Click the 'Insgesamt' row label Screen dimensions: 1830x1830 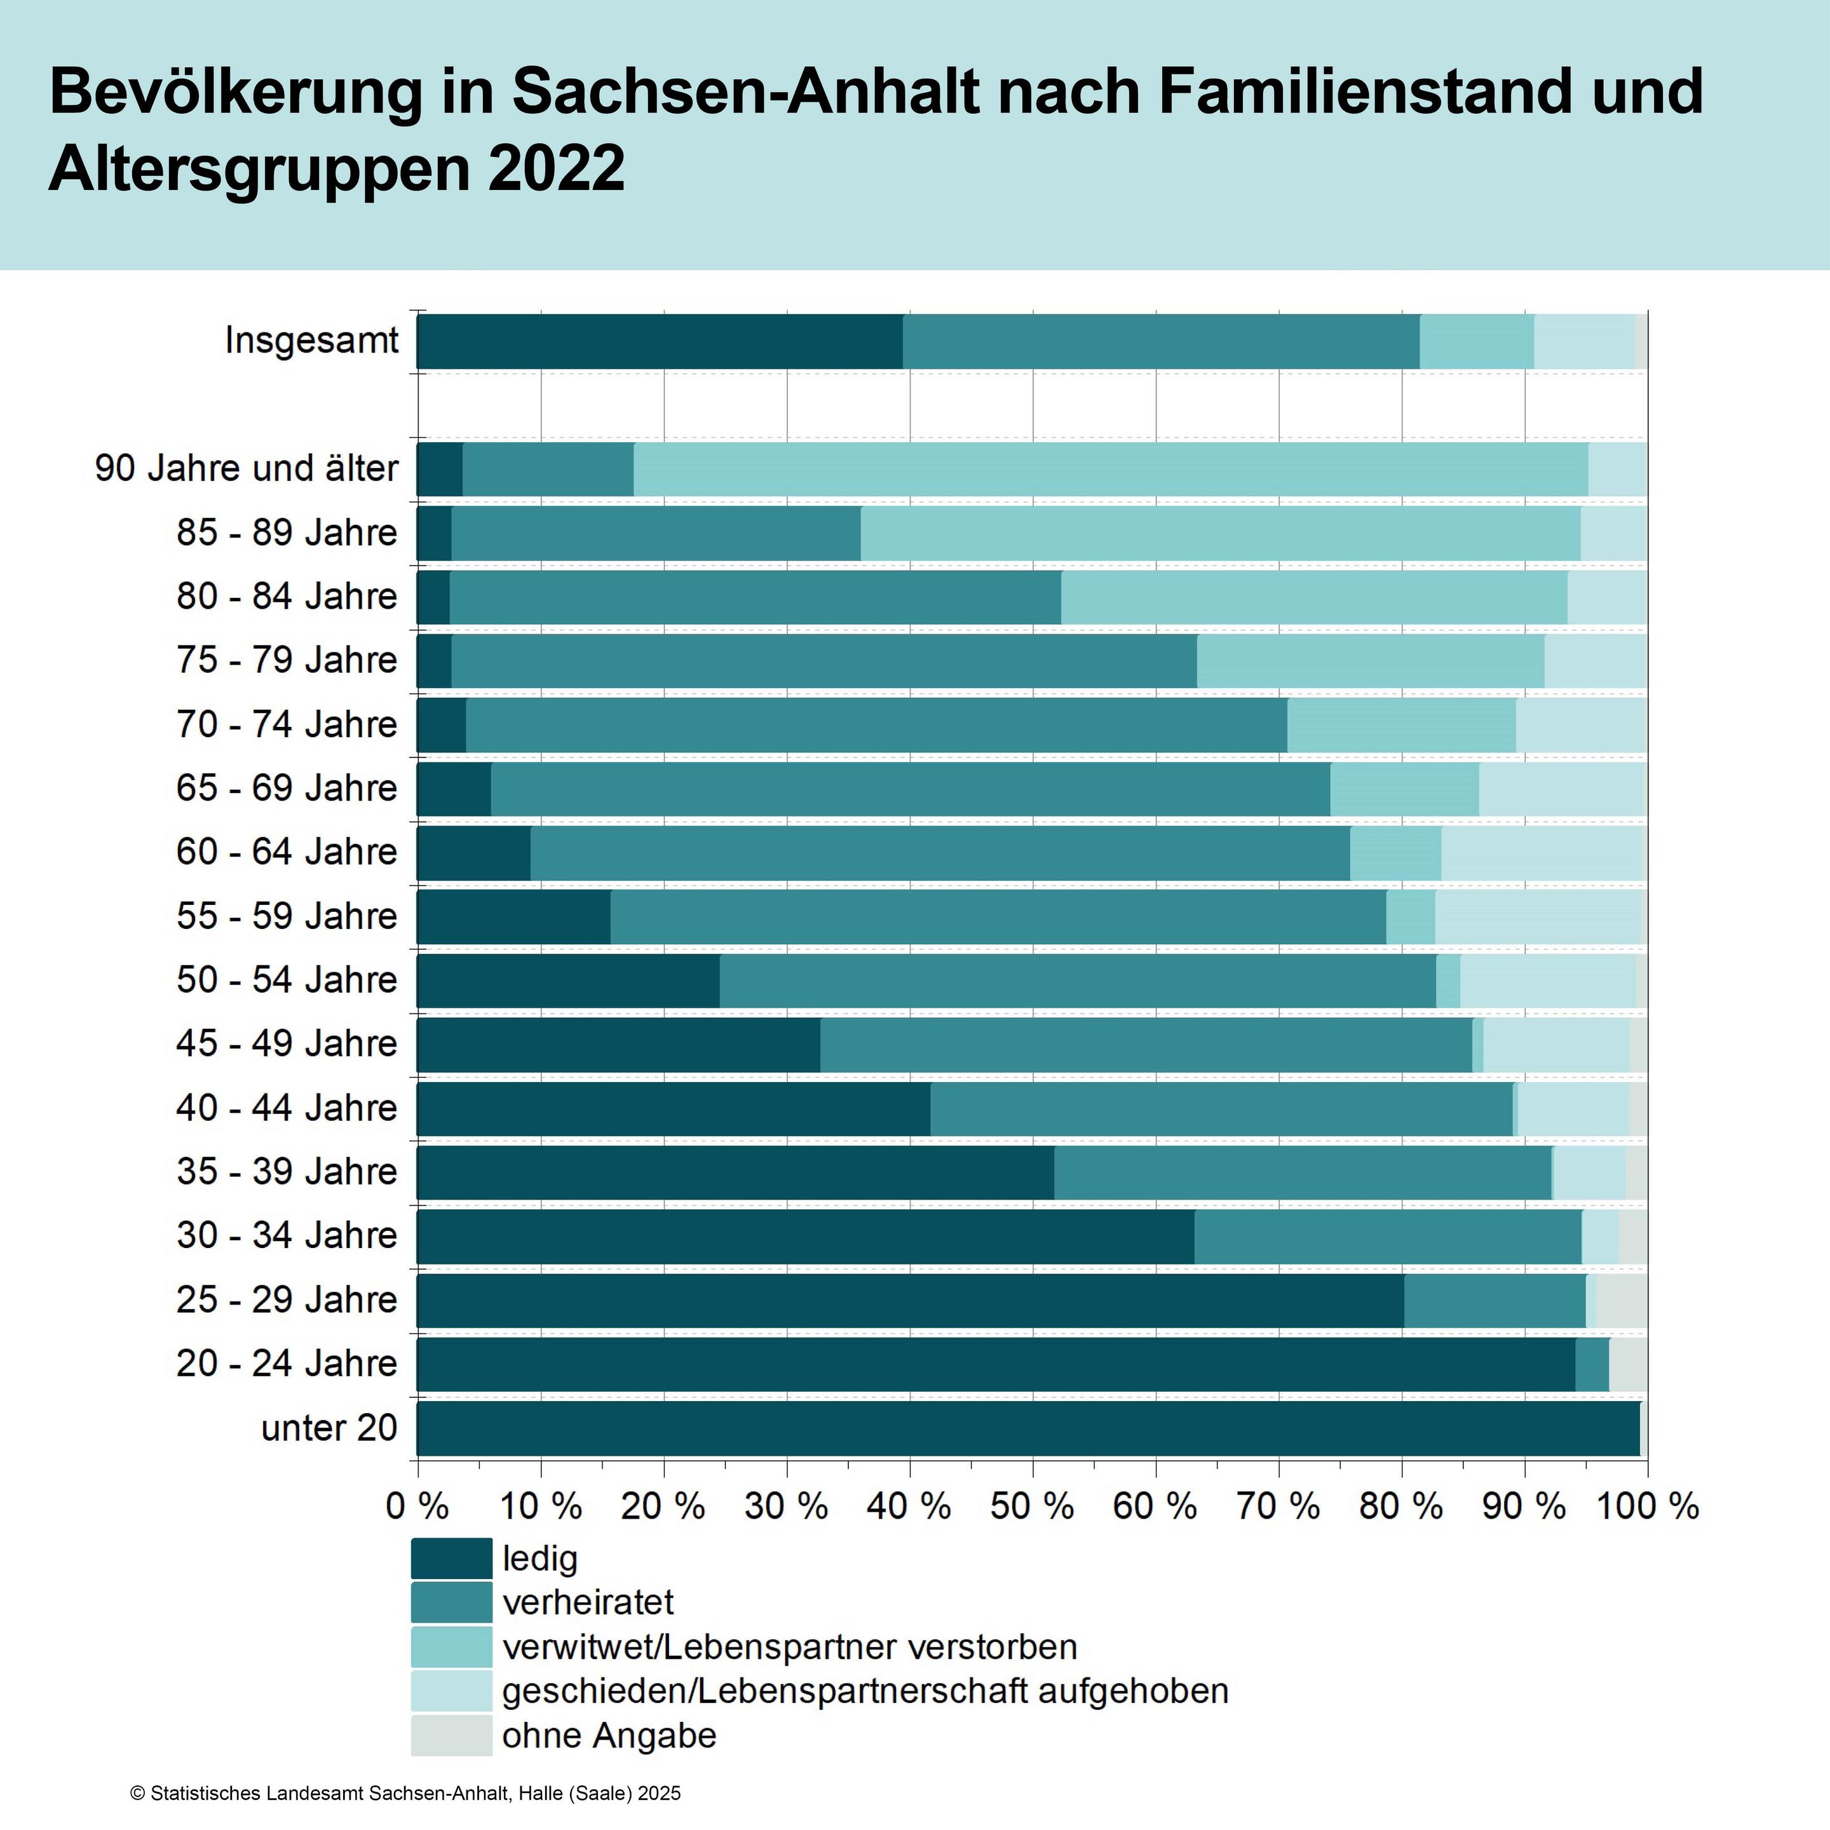click(x=311, y=340)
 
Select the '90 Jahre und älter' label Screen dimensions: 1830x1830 click(x=247, y=468)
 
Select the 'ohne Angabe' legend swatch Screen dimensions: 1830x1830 click(x=452, y=1735)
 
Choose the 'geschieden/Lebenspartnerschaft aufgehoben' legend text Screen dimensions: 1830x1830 click(x=865, y=1691)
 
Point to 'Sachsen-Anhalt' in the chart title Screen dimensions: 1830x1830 click(x=745, y=92)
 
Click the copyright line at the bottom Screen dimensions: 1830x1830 click(x=405, y=1793)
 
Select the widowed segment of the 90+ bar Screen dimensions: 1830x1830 click(x=1110, y=469)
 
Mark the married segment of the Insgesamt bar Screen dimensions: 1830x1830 click(x=1162, y=341)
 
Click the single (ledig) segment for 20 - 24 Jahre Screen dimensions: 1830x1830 click(x=994, y=1364)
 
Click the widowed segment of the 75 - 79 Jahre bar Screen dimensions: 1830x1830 click(x=1371, y=661)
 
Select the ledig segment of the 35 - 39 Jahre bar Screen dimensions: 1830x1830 click(x=735, y=1172)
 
